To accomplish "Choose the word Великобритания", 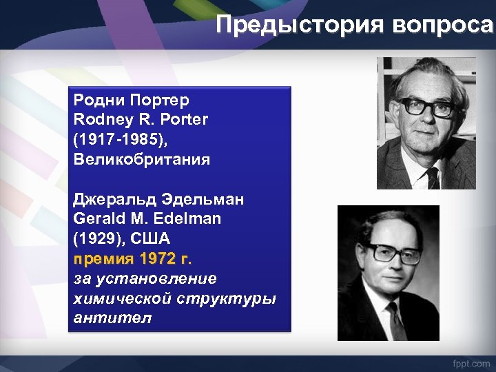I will [142, 160].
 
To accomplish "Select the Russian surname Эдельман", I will [209, 200].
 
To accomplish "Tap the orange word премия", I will [103, 260].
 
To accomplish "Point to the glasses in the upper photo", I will [426, 107].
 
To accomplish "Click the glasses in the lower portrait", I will [391, 253].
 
